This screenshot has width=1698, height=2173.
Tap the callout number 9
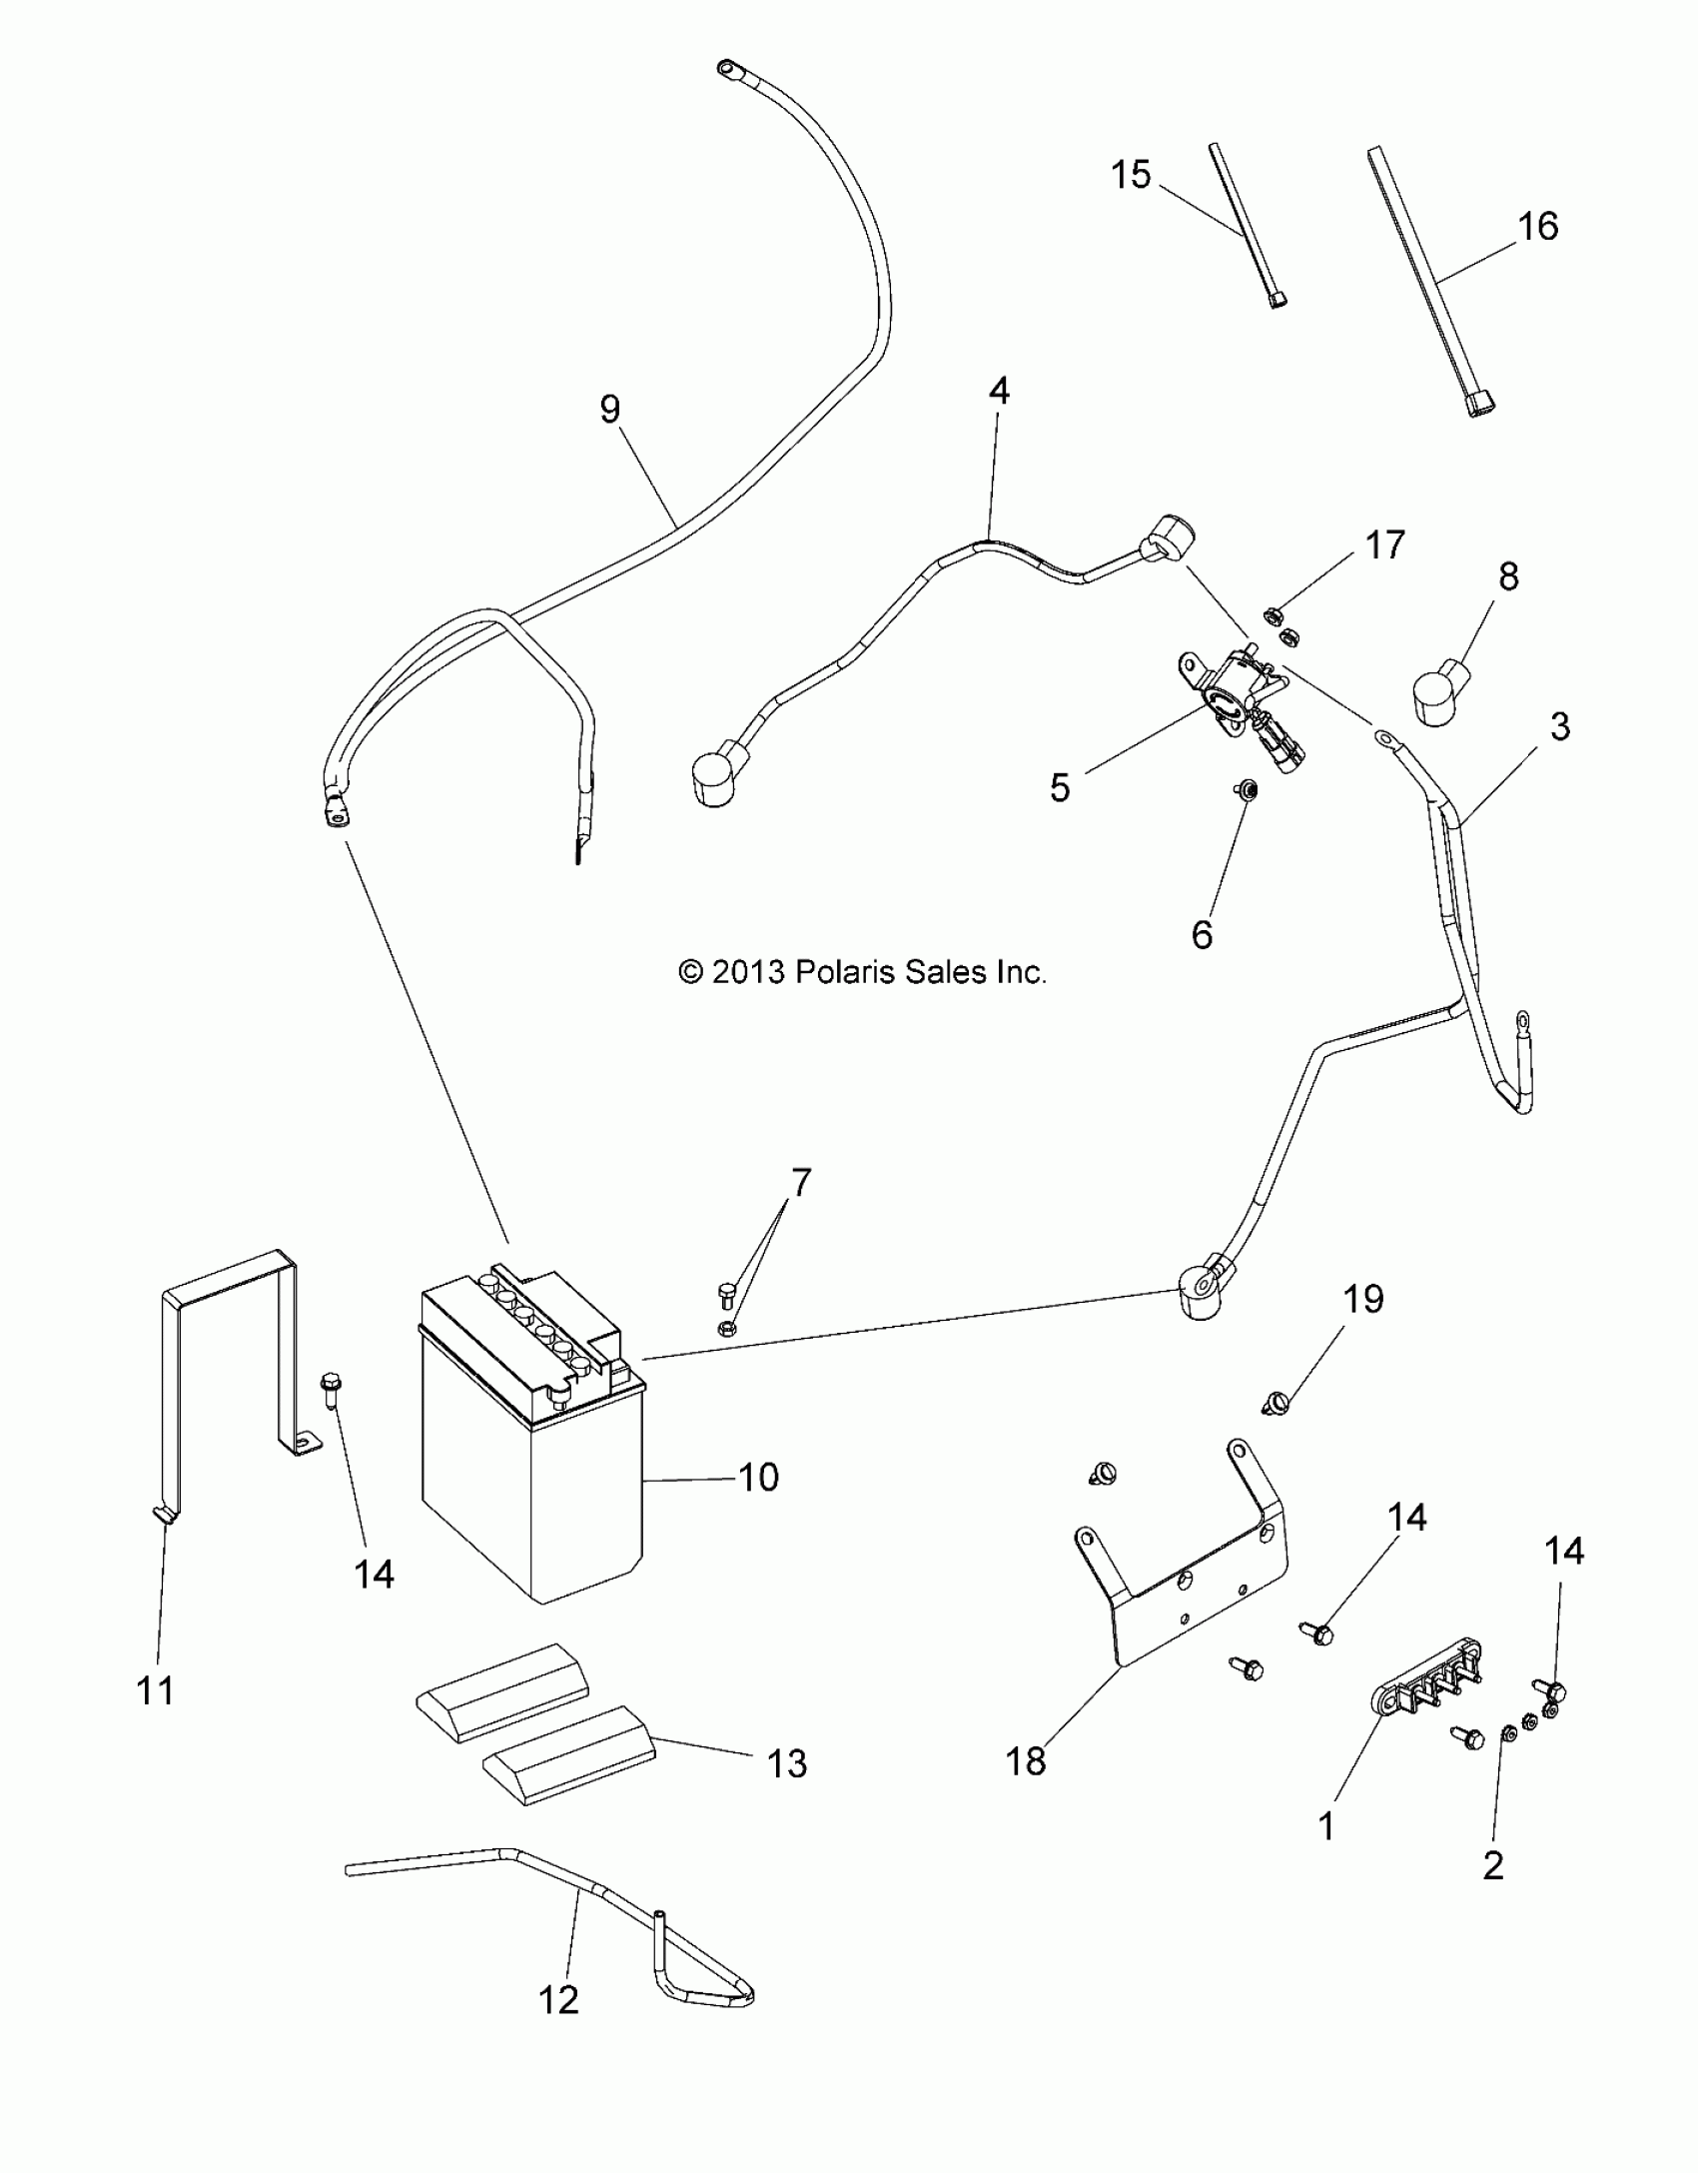click(x=610, y=410)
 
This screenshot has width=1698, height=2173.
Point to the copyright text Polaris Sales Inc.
click(x=861, y=971)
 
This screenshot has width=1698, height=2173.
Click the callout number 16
click(x=1538, y=227)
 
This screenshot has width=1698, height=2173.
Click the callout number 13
click(x=787, y=1763)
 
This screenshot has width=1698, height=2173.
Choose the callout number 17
click(x=1384, y=545)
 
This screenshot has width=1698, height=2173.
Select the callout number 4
click(x=999, y=392)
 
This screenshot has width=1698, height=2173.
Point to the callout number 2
click(x=1493, y=1864)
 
